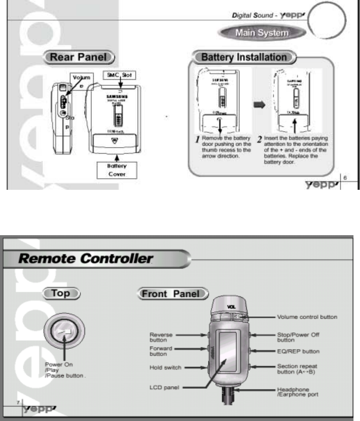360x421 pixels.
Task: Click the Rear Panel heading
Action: pos(78,57)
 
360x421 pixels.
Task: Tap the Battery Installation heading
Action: pos(243,57)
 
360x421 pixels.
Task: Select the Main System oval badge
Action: pos(261,33)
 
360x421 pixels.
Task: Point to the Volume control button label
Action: pos(307,316)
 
